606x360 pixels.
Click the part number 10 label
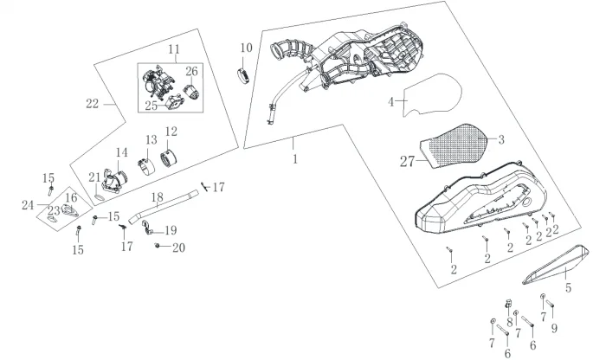(x=246, y=48)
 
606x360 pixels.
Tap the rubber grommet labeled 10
(x=242, y=75)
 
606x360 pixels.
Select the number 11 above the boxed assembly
(x=174, y=49)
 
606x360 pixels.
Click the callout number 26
(x=191, y=72)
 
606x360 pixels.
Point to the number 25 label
(x=151, y=106)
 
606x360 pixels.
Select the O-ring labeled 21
(x=100, y=197)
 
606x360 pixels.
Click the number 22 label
(x=93, y=104)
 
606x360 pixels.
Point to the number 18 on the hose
(x=158, y=197)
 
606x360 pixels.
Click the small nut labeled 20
(x=157, y=246)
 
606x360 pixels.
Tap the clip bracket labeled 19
(x=146, y=227)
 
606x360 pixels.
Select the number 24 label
(x=28, y=205)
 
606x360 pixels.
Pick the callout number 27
(x=407, y=162)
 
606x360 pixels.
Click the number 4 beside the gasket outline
(x=391, y=102)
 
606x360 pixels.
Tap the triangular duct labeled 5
(x=556, y=264)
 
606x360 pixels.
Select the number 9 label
(x=554, y=328)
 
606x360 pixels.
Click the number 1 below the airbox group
(x=295, y=158)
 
